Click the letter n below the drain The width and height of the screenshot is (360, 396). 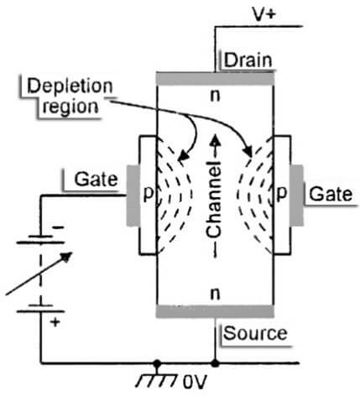(x=217, y=96)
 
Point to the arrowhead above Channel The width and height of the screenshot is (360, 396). (x=217, y=141)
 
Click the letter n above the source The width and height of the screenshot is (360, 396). (x=217, y=294)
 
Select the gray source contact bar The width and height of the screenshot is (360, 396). (x=217, y=311)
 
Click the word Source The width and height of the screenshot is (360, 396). (x=254, y=333)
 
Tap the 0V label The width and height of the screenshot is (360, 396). (x=195, y=383)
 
